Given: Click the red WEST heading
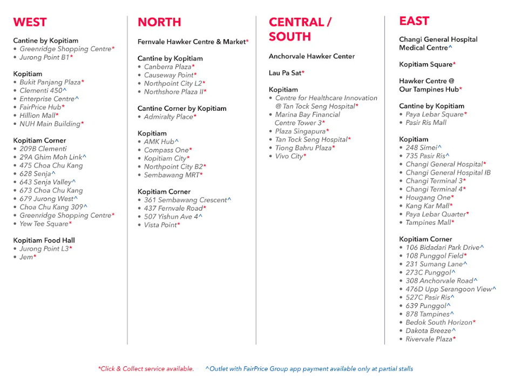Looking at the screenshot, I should [x=30, y=22].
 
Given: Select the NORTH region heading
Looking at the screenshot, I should [x=159, y=22].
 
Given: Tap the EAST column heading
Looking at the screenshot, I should [x=414, y=21].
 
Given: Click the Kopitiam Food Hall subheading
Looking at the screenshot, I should [x=44, y=240].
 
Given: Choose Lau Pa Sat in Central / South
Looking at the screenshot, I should [x=286, y=73].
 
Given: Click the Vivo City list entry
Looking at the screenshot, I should [x=290, y=156].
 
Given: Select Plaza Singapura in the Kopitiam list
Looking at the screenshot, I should [x=301, y=131].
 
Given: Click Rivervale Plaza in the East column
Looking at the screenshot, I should [x=430, y=339].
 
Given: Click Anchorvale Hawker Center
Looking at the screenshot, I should [x=311, y=56].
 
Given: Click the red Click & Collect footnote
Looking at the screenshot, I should [x=146, y=369].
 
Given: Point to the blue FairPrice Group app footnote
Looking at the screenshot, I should [x=309, y=369].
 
